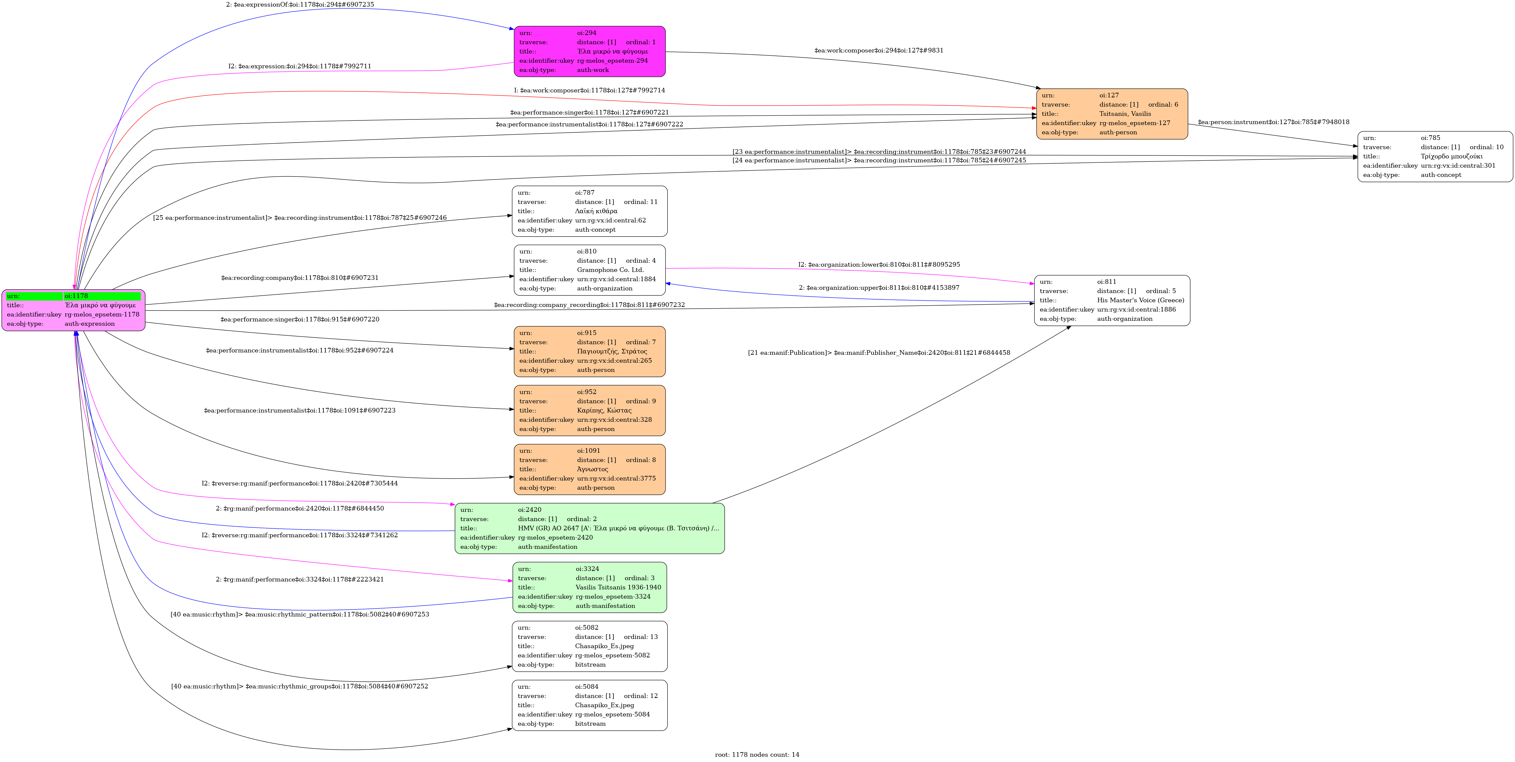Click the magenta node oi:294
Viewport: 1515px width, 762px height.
tap(589, 51)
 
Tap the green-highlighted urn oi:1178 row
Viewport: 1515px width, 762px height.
tap(74, 296)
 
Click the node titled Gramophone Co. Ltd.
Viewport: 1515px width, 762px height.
tap(589, 270)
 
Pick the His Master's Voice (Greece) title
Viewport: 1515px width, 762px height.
tap(1140, 300)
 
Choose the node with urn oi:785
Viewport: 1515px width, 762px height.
tap(1434, 156)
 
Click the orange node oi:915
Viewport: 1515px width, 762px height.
tap(589, 351)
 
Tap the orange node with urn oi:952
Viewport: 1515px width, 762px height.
tap(589, 411)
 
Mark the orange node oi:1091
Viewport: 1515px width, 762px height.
tap(589, 469)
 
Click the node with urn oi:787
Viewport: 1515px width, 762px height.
tap(589, 211)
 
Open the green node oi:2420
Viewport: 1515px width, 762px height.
tap(589, 528)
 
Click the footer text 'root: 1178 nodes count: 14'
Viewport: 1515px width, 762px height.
tap(757, 754)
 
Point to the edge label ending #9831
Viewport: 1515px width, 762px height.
tap(879, 50)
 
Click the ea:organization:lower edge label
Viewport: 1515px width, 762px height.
tap(879, 265)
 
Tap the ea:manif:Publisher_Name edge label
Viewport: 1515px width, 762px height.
tap(879, 353)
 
